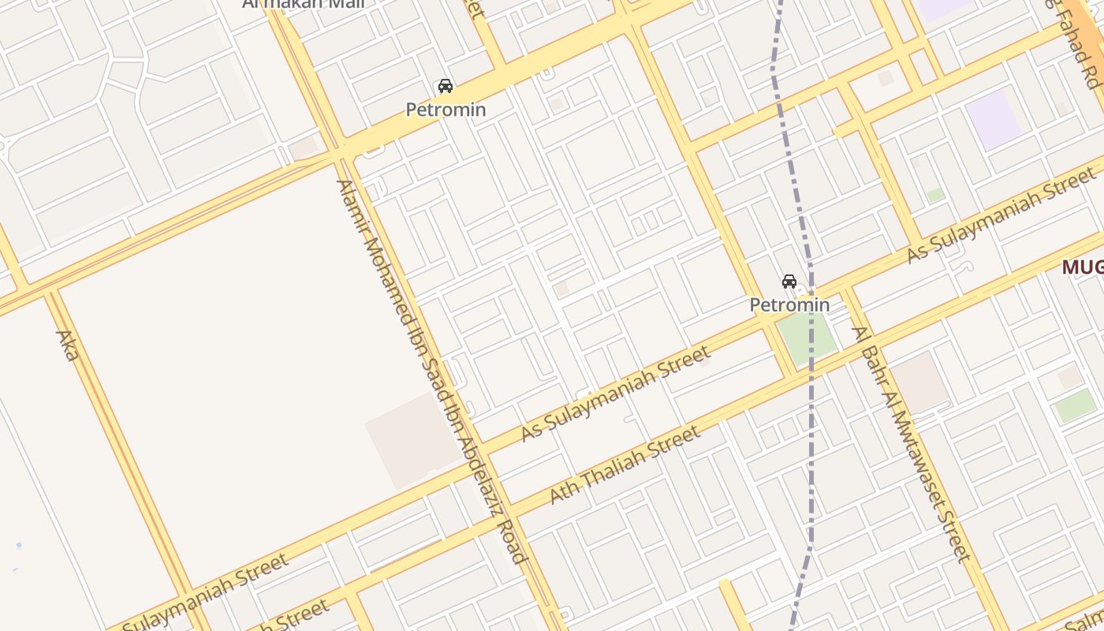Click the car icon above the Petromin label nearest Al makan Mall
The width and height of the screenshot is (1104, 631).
(x=446, y=86)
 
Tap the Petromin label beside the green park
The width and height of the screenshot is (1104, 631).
(x=789, y=304)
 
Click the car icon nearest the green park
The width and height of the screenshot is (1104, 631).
(x=789, y=282)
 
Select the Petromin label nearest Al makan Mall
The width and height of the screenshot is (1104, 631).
(x=446, y=110)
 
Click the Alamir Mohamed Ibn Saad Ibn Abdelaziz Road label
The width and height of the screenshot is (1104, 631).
(x=431, y=371)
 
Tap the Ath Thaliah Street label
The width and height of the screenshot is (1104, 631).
(x=625, y=465)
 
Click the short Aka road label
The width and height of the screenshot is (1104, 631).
(x=67, y=345)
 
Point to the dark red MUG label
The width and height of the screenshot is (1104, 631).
(x=1081, y=267)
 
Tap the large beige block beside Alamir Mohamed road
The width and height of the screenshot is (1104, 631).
(x=412, y=440)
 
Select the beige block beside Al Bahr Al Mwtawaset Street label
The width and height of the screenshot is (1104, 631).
(x=919, y=382)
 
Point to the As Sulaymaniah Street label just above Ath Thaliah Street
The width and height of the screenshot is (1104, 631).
(x=615, y=394)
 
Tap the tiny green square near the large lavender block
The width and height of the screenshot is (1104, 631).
(x=935, y=196)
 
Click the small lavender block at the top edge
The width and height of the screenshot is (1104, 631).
(x=943, y=8)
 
